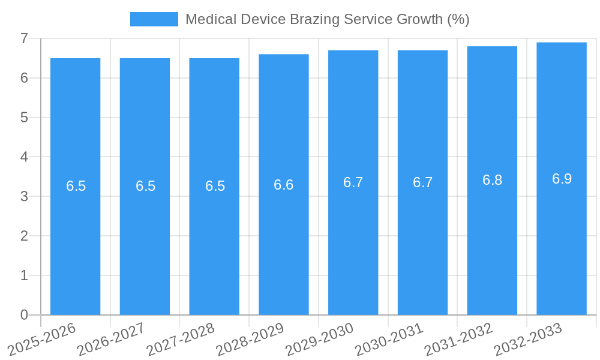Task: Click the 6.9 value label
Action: [562, 179]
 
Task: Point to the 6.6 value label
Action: [284, 185]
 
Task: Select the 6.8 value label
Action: [492, 180]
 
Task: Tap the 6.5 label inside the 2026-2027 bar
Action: [145, 186]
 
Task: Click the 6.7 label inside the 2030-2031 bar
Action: [422, 182]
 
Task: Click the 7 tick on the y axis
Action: [24, 38]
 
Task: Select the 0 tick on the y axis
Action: [24, 315]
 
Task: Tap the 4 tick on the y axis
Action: [24, 157]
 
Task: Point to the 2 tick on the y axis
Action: [24, 236]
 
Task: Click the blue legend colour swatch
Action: [154, 19]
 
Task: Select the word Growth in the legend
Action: [421, 19]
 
